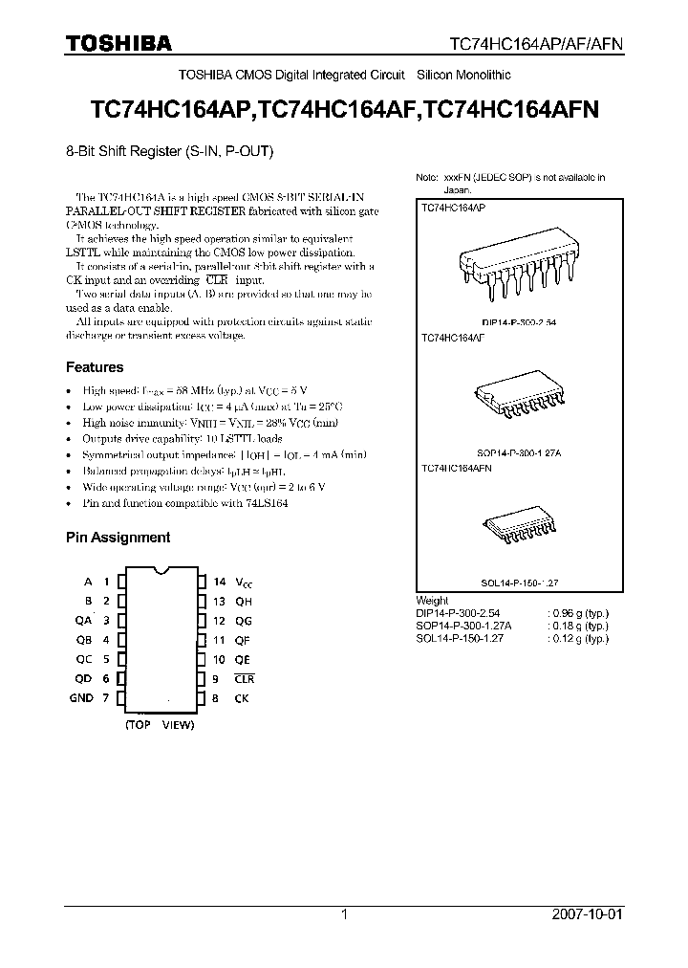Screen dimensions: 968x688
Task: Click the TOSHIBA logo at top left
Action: pos(118,43)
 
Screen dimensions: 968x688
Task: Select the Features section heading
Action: pos(95,367)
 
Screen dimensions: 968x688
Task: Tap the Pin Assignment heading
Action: pos(118,538)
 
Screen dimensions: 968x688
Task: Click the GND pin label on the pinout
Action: pos(81,698)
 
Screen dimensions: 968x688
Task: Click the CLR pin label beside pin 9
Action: pos(246,679)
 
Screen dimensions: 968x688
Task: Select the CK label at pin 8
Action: pos(242,698)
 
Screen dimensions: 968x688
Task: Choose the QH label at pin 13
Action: pos(244,602)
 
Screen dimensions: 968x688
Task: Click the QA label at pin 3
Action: pos(84,621)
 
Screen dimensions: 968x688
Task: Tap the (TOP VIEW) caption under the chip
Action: pos(160,725)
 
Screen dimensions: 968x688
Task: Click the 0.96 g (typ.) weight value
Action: pos(579,612)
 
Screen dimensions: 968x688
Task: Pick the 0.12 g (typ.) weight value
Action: pos(579,637)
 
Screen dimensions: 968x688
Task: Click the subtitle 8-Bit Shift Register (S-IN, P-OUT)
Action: pos(170,150)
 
